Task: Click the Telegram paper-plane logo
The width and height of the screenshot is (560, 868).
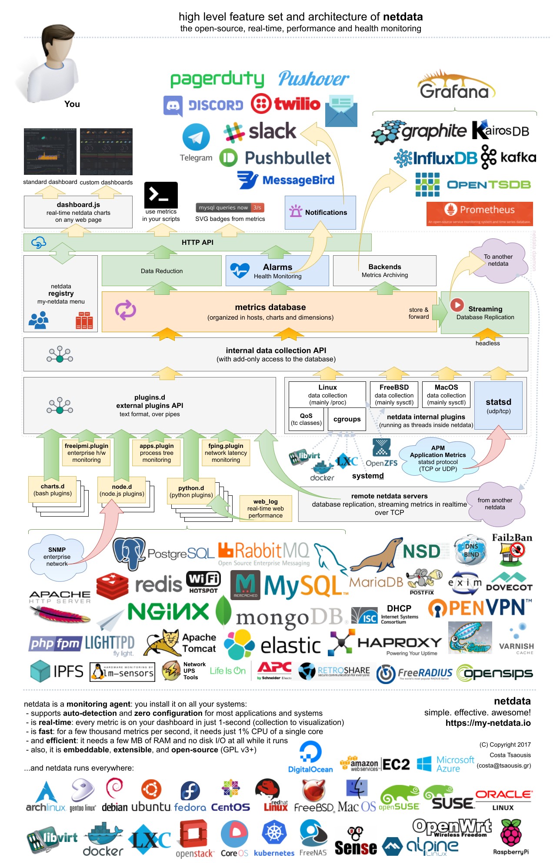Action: (196, 137)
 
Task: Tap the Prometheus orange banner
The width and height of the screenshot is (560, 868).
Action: (480, 213)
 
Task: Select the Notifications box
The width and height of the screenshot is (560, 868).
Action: (320, 212)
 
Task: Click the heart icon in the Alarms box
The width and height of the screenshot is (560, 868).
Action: (240, 270)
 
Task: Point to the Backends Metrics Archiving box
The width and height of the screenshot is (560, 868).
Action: (384, 270)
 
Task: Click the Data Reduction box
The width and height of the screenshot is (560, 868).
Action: (162, 271)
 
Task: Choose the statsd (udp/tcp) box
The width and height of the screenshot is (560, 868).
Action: (498, 405)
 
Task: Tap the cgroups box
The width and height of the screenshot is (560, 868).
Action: (347, 419)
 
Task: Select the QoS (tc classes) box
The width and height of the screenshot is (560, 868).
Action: (306, 419)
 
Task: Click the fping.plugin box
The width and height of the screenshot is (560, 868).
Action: (226, 453)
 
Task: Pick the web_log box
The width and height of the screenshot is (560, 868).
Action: (265, 508)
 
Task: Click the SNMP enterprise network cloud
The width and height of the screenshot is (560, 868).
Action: (57, 557)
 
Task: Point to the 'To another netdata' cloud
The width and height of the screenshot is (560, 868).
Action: (498, 261)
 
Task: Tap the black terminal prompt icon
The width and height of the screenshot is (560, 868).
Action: (161, 194)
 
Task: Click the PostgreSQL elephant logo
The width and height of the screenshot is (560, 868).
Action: (129, 553)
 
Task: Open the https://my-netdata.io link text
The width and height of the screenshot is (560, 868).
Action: (488, 723)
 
